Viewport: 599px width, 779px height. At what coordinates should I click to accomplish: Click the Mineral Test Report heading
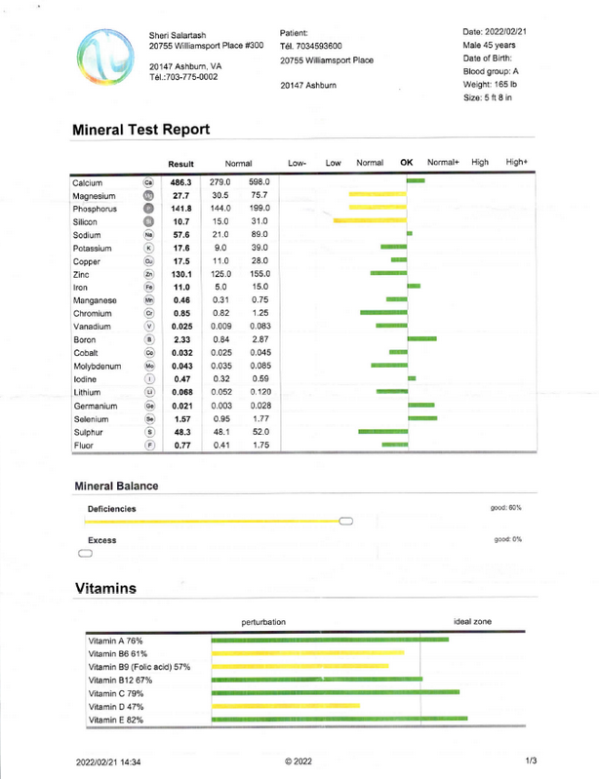pyautogui.click(x=141, y=129)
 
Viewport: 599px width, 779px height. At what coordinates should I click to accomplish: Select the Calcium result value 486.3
pyautogui.click(x=181, y=181)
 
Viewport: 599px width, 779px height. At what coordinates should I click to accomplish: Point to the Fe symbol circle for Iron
pyautogui.click(x=148, y=289)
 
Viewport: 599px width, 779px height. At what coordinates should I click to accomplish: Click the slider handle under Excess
pyautogui.click(x=84, y=553)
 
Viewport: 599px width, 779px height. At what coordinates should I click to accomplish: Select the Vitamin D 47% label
pyautogui.click(x=117, y=705)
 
